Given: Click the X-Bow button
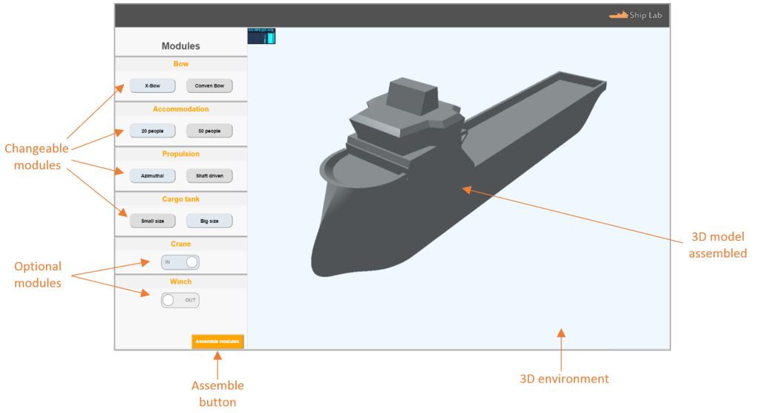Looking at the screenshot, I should (x=152, y=85).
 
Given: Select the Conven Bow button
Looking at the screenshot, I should (x=209, y=85).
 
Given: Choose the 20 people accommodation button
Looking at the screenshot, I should (x=152, y=131).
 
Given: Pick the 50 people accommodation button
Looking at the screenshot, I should (x=209, y=131).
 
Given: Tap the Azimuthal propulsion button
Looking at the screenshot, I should (x=152, y=176).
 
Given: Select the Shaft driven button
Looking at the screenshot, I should (x=209, y=176).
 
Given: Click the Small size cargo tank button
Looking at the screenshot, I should (x=152, y=221).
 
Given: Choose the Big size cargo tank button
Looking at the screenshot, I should (x=209, y=221).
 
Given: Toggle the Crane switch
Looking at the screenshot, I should (x=180, y=262).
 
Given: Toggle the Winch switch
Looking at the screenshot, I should (x=180, y=300).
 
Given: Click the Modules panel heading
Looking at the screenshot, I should (x=181, y=46).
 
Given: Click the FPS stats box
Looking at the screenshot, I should (x=261, y=36).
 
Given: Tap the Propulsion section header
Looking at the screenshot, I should (x=181, y=154).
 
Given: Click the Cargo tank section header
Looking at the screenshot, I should (x=181, y=199).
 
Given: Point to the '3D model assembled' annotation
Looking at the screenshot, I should (x=717, y=245).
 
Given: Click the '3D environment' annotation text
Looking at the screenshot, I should (x=565, y=379).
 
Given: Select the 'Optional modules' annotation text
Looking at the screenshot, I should (x=38, y=273).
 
